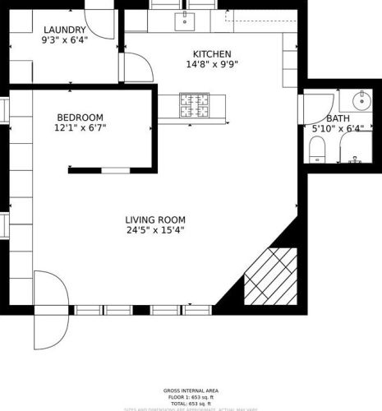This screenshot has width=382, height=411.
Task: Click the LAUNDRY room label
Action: tap(65, 30)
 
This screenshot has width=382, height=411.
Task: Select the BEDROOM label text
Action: tap(80, 117)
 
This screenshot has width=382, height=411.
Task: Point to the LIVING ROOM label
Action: tap(155, 219)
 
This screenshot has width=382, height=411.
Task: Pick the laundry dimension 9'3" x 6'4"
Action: tap(65, 39)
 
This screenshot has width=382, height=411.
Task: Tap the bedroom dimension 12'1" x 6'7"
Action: tap(80, 127)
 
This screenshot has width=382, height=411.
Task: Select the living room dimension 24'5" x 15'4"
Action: tap(155, 230)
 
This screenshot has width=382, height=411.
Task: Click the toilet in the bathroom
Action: tap(316, 149)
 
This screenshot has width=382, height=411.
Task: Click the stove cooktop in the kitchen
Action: tap(197, 104)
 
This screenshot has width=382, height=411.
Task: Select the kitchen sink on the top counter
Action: tap(185, 17)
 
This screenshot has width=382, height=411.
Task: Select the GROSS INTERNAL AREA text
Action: tap(190, 391)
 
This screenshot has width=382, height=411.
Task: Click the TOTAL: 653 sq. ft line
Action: tap(190, 403)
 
